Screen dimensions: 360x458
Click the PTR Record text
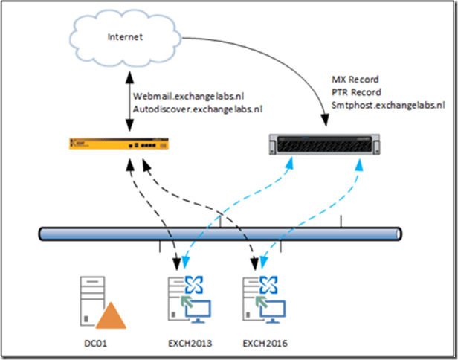(357, 92)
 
